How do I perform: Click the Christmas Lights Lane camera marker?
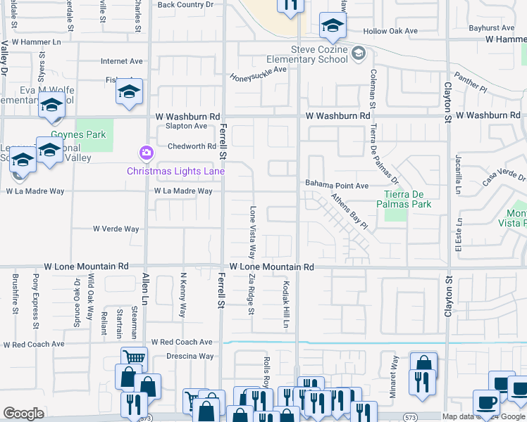pos(146,153)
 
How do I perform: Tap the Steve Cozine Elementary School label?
pos(320,54)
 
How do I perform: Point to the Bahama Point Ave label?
pos(337,185)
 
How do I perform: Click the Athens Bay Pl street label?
pos(350,212)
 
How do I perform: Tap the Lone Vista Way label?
pos(252,232)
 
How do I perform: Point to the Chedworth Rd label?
pos(192,146)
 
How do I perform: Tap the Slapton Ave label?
pos(186,126)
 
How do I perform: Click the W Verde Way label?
pos(116,229)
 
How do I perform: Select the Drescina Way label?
pos(190,357)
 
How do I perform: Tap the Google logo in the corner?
pos(23,414)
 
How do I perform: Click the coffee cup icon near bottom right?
pos(486,402)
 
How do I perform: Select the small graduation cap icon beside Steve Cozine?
pos(359,53)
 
